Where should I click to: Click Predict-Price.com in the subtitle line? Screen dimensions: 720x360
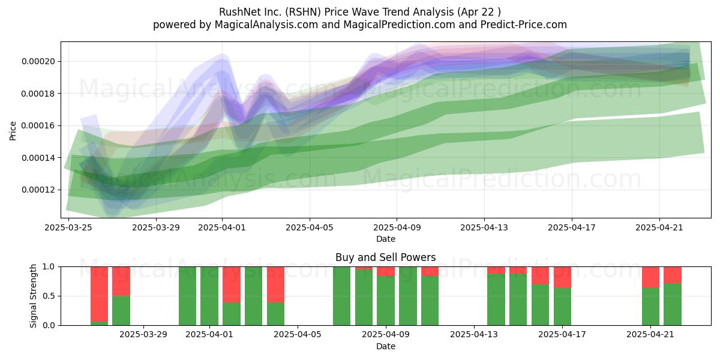(x=524, y=25)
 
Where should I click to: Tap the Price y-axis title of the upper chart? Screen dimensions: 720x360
(x=13, y=131)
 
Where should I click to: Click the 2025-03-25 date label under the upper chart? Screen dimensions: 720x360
(x=68, y=227)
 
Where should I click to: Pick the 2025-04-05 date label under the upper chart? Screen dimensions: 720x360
(x=310, y=227)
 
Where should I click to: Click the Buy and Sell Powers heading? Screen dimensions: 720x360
(x=386, y=257)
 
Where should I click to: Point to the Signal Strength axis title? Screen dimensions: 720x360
(x=33, y=296)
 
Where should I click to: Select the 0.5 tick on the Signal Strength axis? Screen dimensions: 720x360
(x=49, y=296)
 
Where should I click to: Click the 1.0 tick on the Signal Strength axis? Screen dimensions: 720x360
(x=49, y=267)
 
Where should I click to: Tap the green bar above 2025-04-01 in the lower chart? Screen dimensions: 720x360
(x=209, y=296)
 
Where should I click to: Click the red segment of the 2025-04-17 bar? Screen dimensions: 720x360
(x=563, y=277)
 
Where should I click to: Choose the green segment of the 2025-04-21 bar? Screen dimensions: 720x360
(x=650, y=307)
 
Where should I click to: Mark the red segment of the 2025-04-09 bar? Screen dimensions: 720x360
(x=386, y=272)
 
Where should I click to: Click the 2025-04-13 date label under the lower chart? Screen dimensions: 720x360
(x=474, y=335)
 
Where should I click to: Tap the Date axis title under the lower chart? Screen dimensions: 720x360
(x=386, y=346)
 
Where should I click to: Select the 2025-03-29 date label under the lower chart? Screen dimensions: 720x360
(x=143, y=335)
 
